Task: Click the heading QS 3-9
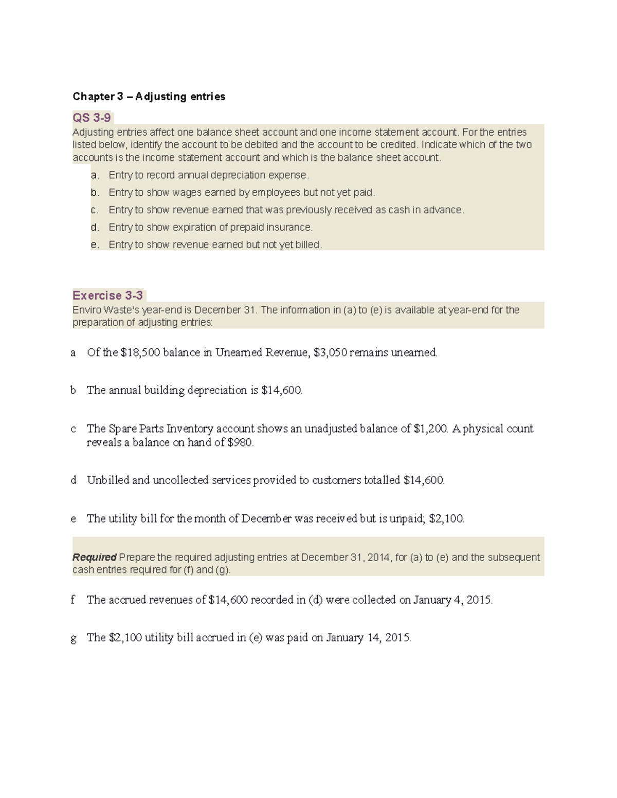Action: pyautogui.click(x=92, y=118)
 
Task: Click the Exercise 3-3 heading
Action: pyautogui.click(x=107, y=295)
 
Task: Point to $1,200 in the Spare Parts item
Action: pyautogui.click(x=430, y=429)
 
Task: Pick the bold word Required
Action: pyautogui.click(x=95, y=558)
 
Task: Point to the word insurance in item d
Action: pyautogui.click(x=289, y=227)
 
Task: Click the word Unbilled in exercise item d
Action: pyautogui.click(x=107, y=480)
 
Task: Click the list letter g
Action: pyautogui.click(x=74, y=639)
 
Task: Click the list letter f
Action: pyautogui.click(x=73, y=600)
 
